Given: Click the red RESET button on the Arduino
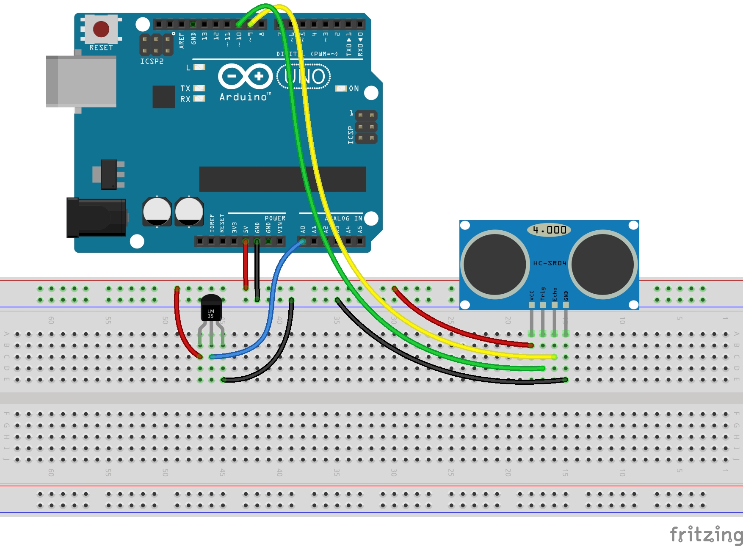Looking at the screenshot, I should coord(101,29).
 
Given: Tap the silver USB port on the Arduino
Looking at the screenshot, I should coord(81,81).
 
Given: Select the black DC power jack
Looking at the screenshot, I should coord(97,218).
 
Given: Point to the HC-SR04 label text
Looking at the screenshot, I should coord(550,263).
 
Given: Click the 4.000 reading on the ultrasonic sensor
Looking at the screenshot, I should coord(550,230).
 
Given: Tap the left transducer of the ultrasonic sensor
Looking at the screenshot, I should coord(495,264).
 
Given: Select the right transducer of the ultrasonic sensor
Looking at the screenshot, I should coord(603,264).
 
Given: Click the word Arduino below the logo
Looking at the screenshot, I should coord(244,97).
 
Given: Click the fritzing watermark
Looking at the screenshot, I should coord(706,535).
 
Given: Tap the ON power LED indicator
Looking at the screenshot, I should coord(341,88).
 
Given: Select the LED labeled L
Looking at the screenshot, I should coord(199,67).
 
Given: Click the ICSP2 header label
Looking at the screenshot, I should coord(152,61).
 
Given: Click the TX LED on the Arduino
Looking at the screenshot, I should coord(199,88).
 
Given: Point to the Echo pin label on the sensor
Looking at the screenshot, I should coord(555,294).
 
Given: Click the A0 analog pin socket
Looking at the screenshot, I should coord(302,241).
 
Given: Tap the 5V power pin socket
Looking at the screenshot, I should coord(246,241).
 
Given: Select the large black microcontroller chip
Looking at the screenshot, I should coord(282,179).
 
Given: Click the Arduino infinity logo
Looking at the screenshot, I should coord(246,76).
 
